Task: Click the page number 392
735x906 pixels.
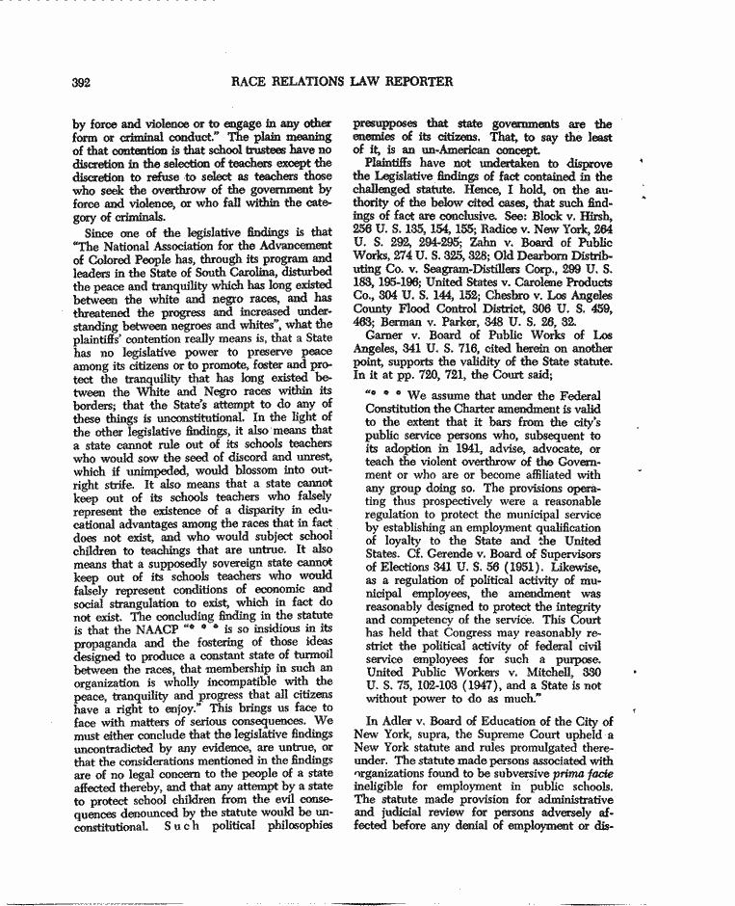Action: coord(82,83)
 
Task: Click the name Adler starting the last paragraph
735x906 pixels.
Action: coord(386,721)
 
